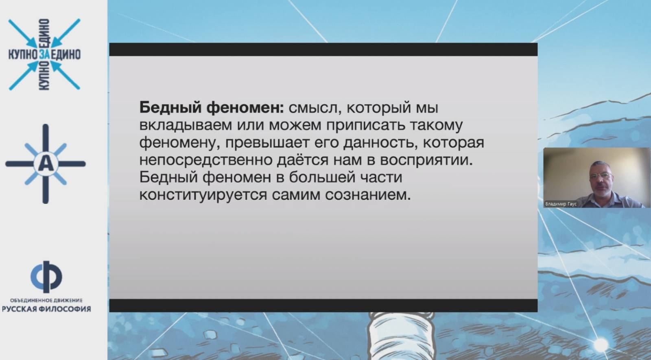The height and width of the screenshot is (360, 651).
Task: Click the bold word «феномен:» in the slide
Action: pyautogui.click(x=245, y=108)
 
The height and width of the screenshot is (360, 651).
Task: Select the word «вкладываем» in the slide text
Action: pyautogui.click(x=186, y=125)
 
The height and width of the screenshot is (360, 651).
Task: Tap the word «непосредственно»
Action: pyautogui.click(x=206, y=160)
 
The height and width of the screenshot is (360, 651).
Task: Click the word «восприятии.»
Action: pyautogui.click(x=427, y=160)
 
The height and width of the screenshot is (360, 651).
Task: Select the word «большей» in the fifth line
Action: pyautogui.click(x=322, y=177)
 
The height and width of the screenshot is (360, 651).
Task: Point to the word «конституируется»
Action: pyautogui.click(x=203, y=195)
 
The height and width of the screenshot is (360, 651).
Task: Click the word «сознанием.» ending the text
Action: pyautogui.click(x=368, y=195)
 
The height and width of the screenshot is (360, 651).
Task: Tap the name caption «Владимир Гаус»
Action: pyautogui.click(x=561, y=204)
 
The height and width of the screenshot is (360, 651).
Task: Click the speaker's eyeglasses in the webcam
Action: pyautogui.click(x=601, y=176)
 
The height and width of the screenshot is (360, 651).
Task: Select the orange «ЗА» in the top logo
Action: pyautogui.click(x=44, y=55)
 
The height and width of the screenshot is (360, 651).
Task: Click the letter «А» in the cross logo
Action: pyautogui.click(x=46, y=164)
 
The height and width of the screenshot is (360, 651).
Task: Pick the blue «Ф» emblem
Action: pyautogui.click(x=46, y=277)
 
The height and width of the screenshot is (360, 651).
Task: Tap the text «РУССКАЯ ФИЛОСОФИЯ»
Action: pyautogui.click(x=46, y=309)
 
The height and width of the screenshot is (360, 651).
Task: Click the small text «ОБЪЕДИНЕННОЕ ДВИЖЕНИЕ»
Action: pyautogui.click(x=46, y=300)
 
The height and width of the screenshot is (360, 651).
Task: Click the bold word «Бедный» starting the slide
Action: pyautogui.click(x=170, y=108)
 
